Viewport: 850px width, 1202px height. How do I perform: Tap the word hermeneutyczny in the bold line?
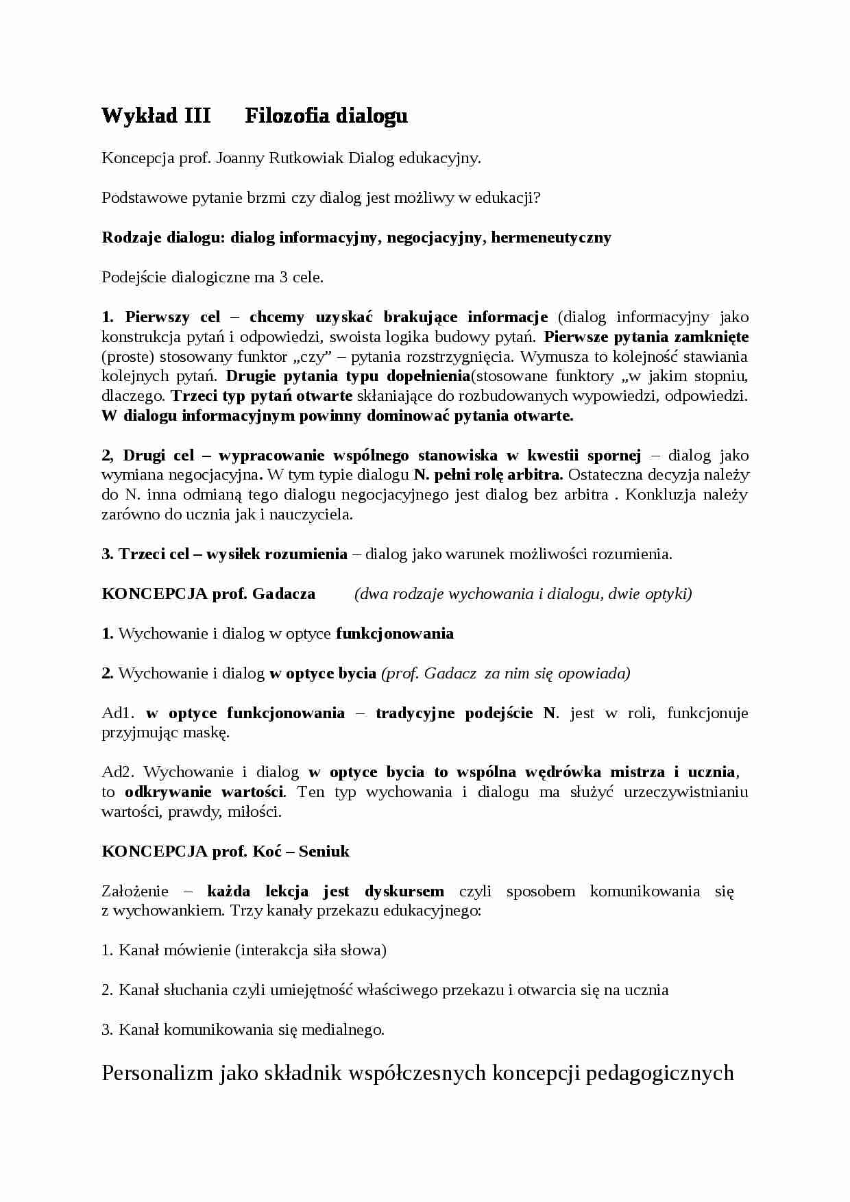550,238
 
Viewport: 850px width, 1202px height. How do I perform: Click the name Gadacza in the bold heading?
283,594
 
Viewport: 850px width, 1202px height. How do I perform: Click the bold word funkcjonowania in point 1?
394,634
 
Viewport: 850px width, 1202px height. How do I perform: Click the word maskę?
210,733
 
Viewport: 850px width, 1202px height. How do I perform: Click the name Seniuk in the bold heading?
324,852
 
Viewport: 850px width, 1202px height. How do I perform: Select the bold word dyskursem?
404,892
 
